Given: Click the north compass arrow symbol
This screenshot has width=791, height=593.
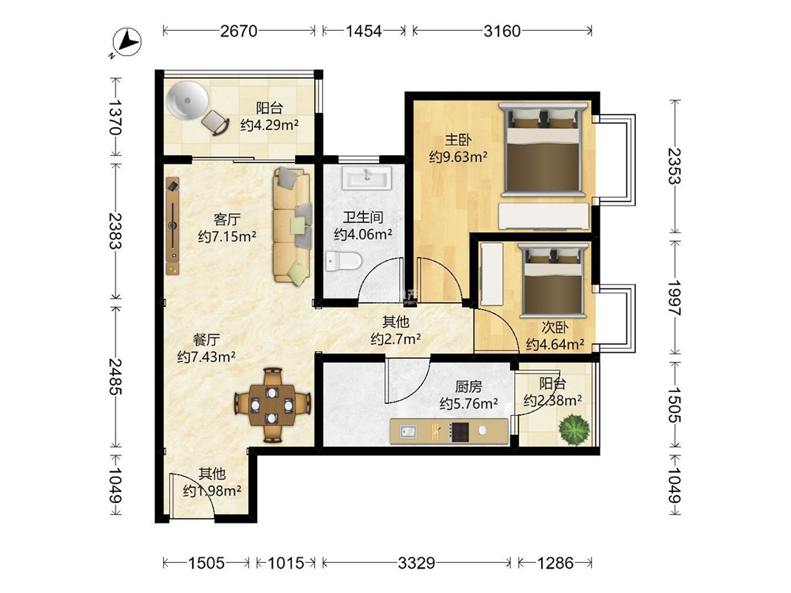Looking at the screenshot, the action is pos(127,41).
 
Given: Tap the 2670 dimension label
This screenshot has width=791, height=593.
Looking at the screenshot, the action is pos(239,32).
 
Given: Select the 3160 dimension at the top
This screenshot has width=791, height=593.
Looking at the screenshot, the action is pos(501,32).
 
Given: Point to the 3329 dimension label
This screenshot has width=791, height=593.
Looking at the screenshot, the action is pos(416,562).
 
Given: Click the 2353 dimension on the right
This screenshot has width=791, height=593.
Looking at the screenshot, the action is pos(675,165).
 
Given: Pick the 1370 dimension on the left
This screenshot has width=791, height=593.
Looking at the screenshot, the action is pos(115,117).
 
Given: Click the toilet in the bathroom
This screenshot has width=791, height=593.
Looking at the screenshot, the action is pos(343,261).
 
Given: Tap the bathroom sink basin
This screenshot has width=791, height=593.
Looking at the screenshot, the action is pos(367,178).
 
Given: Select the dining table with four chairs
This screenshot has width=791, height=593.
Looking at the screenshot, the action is pos(272,405).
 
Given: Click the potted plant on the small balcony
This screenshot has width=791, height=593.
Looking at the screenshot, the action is pos(573,429).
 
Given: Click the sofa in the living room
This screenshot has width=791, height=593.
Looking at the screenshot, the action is pos(292,225).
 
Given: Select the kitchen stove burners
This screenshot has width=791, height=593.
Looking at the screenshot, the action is pos(460,432).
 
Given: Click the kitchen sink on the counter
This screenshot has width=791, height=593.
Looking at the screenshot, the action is pos(407,432).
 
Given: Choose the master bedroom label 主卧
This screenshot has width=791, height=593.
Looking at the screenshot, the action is pos(458,140).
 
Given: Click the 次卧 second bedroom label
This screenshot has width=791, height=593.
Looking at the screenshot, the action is pos(555,328).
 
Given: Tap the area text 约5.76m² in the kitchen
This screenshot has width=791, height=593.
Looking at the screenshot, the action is pos(469,403).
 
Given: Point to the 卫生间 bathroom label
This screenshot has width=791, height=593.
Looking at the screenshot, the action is pos(363,217).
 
